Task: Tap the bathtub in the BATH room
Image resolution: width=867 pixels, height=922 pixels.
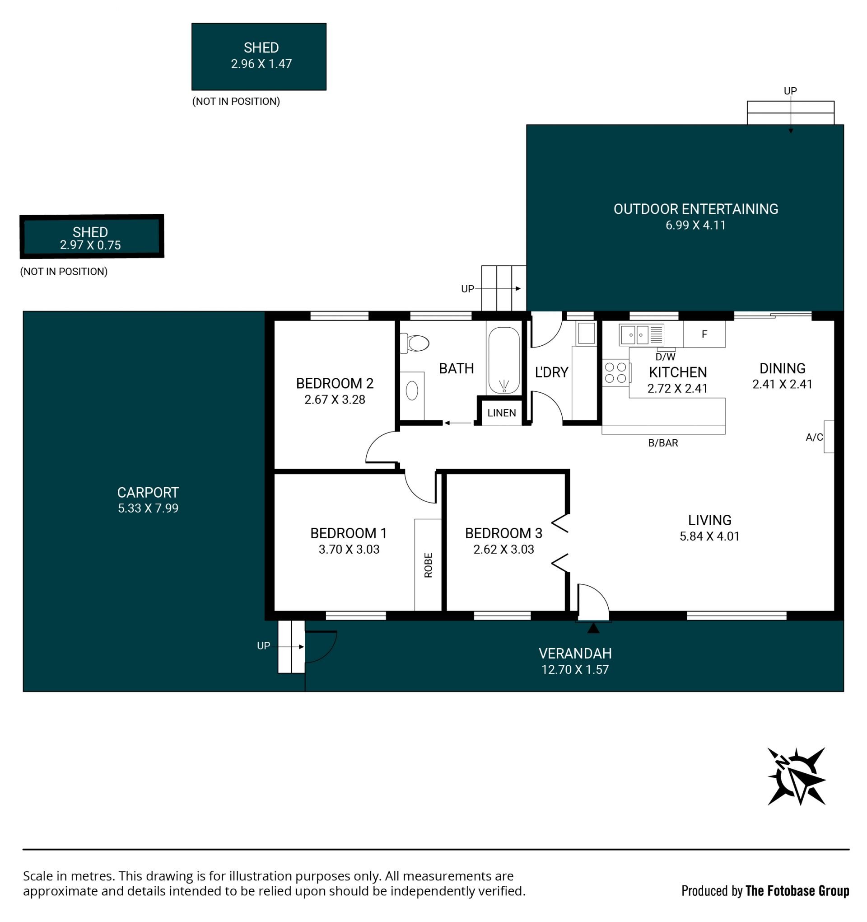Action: [503, 360]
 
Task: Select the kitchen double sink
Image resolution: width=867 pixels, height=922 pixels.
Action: [641, 334]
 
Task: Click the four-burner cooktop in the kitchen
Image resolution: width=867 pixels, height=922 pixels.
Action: [615, 373]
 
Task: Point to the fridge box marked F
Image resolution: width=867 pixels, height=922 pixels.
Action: [704, 334]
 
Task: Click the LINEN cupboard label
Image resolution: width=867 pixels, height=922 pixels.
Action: [501, 413]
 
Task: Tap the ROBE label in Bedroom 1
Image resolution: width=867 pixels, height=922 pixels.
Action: [428, 565]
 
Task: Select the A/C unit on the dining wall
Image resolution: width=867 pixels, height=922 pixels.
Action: [829, 437]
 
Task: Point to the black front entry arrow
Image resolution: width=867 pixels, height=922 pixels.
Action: [593, 628]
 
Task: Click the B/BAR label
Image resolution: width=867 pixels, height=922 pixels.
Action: [662, 443]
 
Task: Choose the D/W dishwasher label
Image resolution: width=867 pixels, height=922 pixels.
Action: [666, 357]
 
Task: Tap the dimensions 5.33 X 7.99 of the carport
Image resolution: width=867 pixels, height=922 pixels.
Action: [148, 508]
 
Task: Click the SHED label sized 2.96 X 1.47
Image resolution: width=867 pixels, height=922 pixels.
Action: [261, 48]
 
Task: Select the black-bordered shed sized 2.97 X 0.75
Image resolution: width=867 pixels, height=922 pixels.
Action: [92, 236]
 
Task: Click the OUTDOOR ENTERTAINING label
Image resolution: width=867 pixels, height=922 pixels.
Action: [695, 209]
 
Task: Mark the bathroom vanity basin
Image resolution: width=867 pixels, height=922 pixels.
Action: [412, 391]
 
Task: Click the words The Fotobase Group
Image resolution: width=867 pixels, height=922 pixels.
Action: [797, 891]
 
